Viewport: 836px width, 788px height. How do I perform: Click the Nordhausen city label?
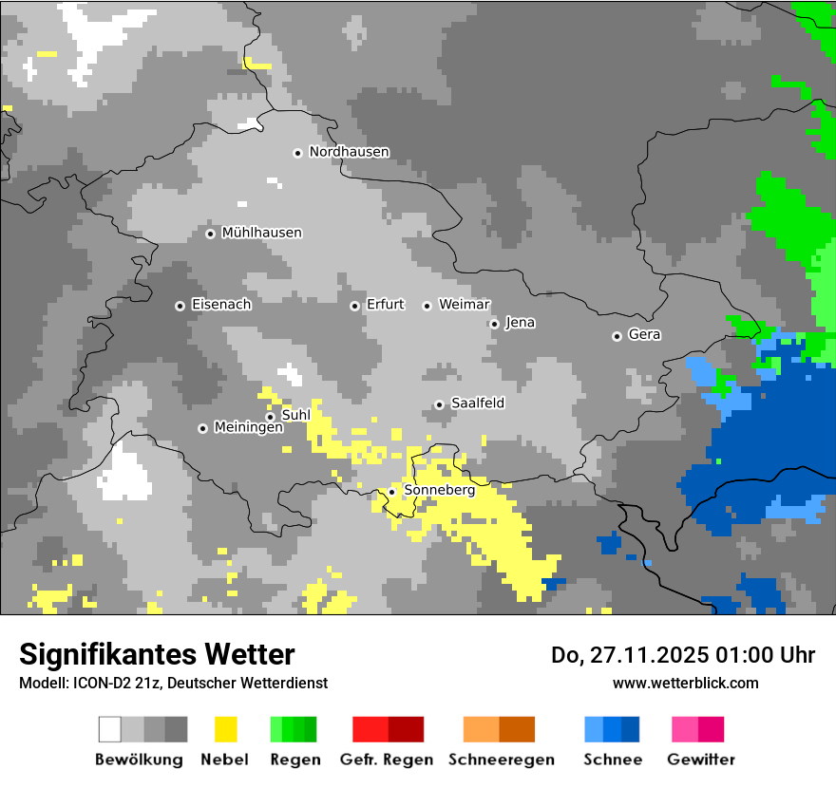coord(349,152)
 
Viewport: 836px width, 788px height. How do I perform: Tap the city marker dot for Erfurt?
coord(354,306)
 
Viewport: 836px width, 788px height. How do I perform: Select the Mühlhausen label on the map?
coord(261,233)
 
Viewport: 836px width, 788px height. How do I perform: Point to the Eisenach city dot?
coord(180,306)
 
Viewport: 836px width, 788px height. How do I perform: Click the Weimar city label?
coord(464,305)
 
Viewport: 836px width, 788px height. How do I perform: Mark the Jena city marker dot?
coord(494,324)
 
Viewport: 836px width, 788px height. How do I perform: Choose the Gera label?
coord(644,335)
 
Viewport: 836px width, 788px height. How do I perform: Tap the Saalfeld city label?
coord(477,403)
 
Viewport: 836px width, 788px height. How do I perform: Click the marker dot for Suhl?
coord(270,417)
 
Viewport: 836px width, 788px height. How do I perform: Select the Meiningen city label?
coord(248,428)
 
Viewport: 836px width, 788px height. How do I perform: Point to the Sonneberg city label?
coord(439,491)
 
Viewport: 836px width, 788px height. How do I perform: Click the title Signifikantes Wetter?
coord(157,654)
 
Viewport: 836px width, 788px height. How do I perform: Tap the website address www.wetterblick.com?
coord(685,683)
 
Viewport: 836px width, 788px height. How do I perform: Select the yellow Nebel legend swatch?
coord(225,729)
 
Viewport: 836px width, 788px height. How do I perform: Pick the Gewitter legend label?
coord(700,760)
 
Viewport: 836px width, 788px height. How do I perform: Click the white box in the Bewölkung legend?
coord(110,729)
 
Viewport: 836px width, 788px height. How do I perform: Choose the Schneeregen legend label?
coord(501,760)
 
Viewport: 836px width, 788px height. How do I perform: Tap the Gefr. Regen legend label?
coord(386,760)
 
